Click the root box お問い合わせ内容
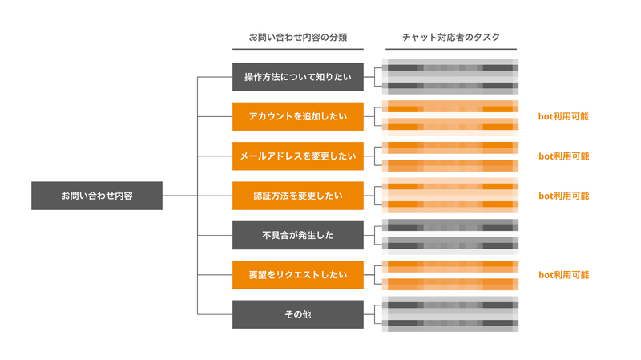pyautogui.click(x=97, y=196)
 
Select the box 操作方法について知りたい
pyautogui.click(x=297, y=78)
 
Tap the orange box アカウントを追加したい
pyautogui.click(x=297, y=117)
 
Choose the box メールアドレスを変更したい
pyautogui.click(x=297, y=156)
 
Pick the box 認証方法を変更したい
pyautogui.click(x=297, y=196)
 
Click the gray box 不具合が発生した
pyautogui.click(x=297, y=235)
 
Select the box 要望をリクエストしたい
pyautogui.click(x=297, y=275)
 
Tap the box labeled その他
pyautogui.click(x=297, y=314)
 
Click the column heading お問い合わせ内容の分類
pyautogui.click(x=297, y=38)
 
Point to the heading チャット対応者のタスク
pyautogui.click(x=450, y=38)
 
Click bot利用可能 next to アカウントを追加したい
pyautogui.click(x=563, y=117)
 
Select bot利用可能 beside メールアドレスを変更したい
pyautogui.click(x=563, y=156)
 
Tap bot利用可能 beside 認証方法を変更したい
pyautogui.click(x=563, y=196)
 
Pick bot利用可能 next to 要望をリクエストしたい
pyautogui.click(x=563, y=275)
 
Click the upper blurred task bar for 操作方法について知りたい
pyautogui.click(x=450, y=68)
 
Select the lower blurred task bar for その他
pyautogui.click(x=450, y=324)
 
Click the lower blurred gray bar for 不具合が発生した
pyautogui.click(x=450, y=245)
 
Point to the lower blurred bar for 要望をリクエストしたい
pyautogui.click(x=450, y=284)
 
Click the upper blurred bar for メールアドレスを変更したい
pyautogui.click(x=450, y=147)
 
